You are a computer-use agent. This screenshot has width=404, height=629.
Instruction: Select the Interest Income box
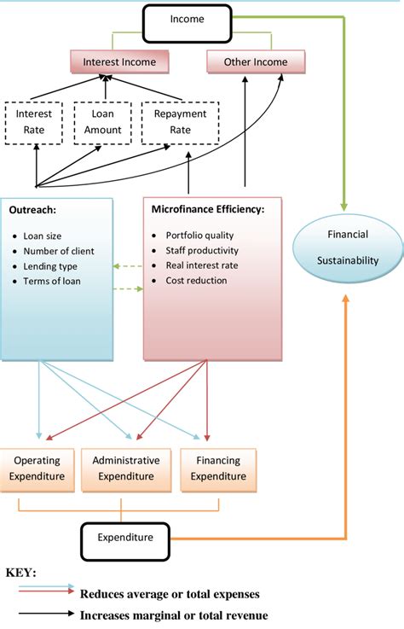pyautogui.click(x=120, y=61)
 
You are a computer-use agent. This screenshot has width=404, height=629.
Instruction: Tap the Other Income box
pyautogui.click(x=255, y=61)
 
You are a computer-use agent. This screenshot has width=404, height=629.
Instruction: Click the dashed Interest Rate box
pyautogui.click(x=35, y=122)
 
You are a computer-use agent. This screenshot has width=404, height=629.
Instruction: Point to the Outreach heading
pyautogui.click(x=33, y=209)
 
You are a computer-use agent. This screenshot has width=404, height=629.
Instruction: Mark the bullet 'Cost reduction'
pyautogui.click(x=196, y=281)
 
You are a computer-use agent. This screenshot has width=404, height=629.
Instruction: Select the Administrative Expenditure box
pyautogui.click(x=125, y=469)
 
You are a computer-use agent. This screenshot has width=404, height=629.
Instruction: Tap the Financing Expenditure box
pyautogui.click(x=211, y=469)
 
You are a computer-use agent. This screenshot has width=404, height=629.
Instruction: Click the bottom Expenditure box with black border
pyautogui.click(x=126, y=537)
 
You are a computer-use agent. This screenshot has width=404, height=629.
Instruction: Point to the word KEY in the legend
pyautogui.click(x=21, y=574)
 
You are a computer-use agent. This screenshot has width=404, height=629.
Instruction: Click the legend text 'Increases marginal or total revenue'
pyautogui.click(x=173, y=614)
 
